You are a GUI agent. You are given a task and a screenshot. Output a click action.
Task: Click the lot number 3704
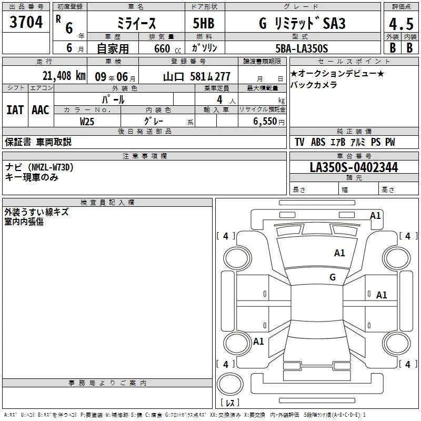(26, 22)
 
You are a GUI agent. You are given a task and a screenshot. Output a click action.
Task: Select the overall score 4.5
(401, 24)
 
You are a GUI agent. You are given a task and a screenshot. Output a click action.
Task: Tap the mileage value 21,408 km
(64, 76)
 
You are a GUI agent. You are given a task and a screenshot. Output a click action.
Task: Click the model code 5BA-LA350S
(302, 48)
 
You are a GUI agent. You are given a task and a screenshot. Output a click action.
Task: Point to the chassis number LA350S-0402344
(354, 167)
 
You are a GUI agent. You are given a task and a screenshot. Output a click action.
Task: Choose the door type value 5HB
(204, 23)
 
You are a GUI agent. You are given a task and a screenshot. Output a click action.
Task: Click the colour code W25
(87, 122)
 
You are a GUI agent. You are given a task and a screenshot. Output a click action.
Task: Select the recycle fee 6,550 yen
(269, 122)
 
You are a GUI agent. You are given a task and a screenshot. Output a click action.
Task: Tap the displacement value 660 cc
(167, 49)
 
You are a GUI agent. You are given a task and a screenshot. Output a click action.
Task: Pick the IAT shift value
(15, 110)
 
